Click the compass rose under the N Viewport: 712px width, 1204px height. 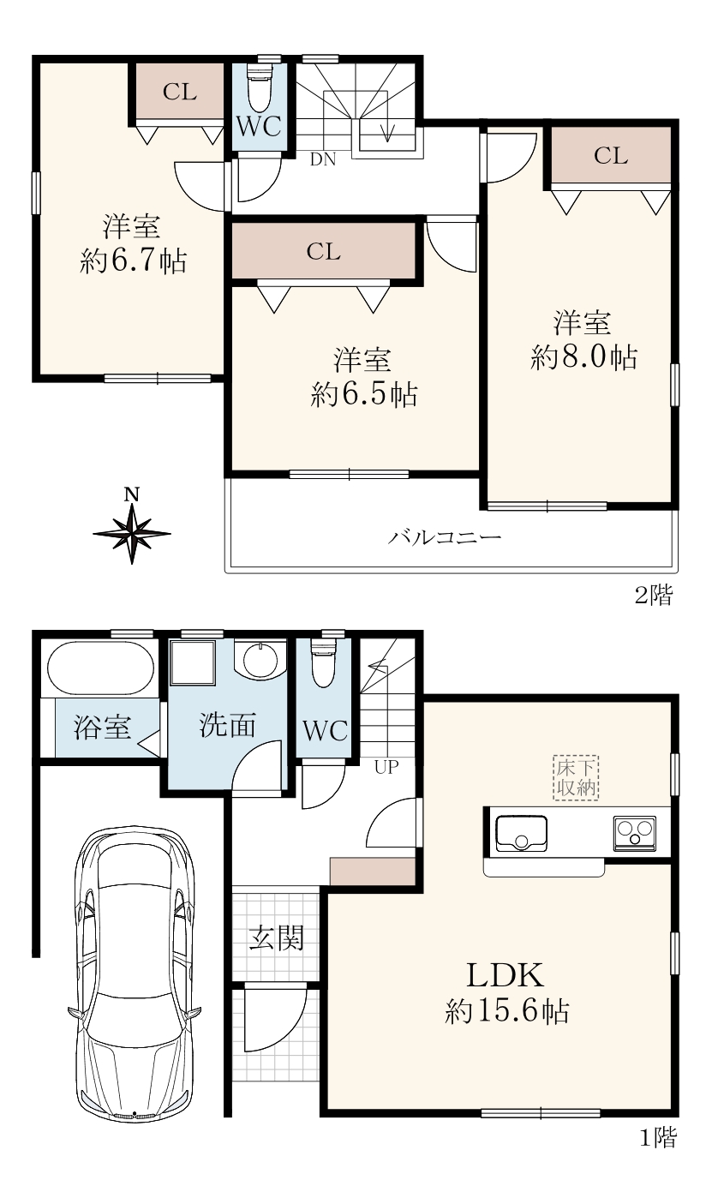coord(132,534)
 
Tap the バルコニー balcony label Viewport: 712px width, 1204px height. coord(445,536)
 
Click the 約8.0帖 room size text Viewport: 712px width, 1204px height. coord(583,356)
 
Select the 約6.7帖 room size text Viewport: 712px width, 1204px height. coord(134,261)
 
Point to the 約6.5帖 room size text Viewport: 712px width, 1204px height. coord(364,395)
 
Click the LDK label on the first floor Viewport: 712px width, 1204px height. coord(506,974)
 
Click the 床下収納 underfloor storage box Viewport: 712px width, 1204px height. coord(576,778)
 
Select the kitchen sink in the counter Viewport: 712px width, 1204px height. coord(521,834)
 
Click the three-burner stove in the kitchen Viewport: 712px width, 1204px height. coord(635,833)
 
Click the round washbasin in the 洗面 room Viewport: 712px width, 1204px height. coord(260,660)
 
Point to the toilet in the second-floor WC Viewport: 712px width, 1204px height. coord(259,88)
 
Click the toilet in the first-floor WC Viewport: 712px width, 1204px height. coord(324,662)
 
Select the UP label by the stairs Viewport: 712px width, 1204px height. coord(386,767)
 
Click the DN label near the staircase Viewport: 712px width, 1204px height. coord(323,159)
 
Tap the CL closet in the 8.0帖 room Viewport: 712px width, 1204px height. coord(611,156)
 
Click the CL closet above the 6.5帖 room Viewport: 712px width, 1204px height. coord(324,251)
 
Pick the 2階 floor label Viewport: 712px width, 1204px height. coord(654,595)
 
